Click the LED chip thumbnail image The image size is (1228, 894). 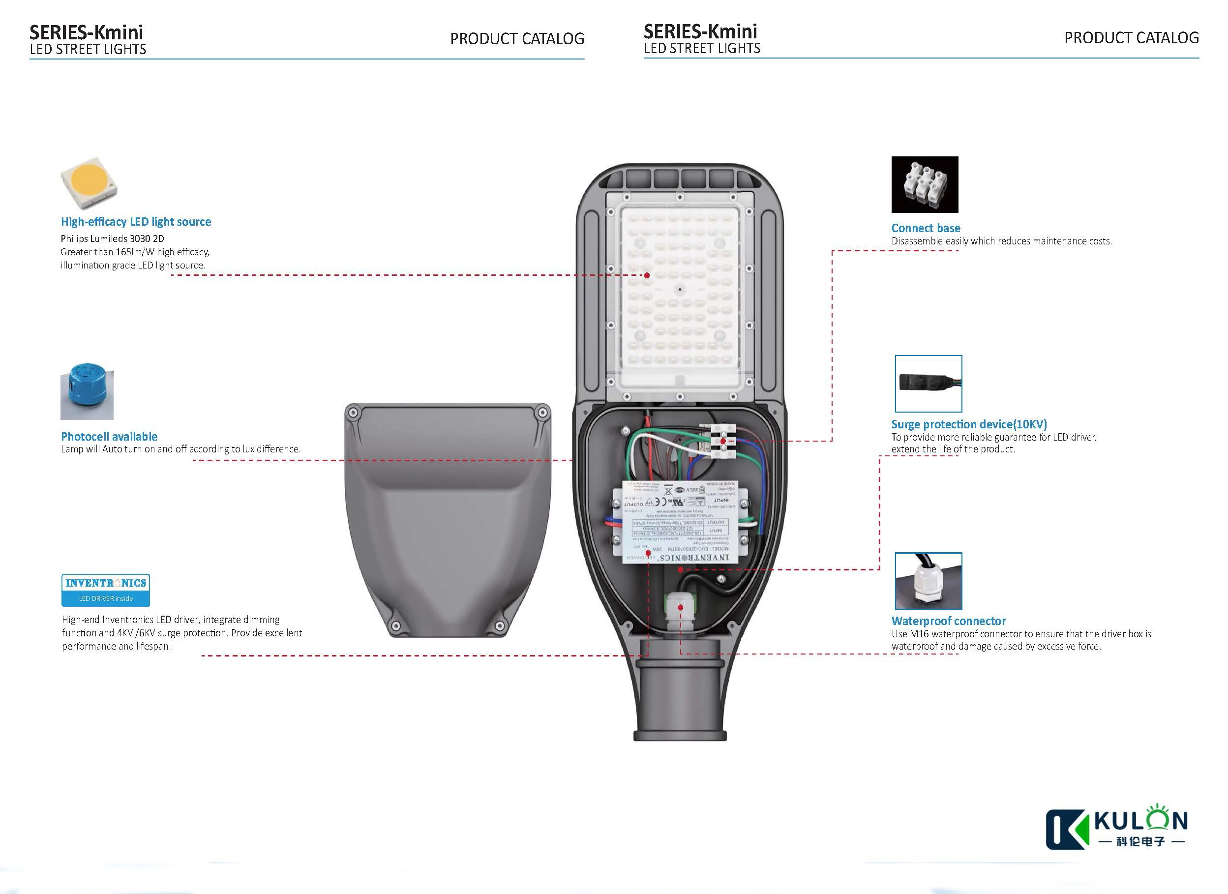point(89,183)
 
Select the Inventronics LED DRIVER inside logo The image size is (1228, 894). point(106,590)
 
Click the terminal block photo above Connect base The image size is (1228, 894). point(924,184)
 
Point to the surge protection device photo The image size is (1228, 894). point(928,384)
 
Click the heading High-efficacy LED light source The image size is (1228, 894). point(135,221)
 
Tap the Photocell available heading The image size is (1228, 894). point(109,437)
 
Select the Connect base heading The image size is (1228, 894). point(926,228)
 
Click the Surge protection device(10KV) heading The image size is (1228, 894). point(969,424)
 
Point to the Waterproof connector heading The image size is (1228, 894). point(948,621)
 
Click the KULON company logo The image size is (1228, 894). point(1116,829)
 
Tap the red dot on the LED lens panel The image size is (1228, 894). point(647,275)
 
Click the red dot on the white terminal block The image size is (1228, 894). point(723,441)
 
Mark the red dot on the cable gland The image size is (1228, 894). point(681,607)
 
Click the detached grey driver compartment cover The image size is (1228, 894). point(448,520)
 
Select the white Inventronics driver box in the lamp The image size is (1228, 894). point(680,523)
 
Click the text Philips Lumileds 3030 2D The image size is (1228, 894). point(112,238)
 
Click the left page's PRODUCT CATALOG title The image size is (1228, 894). point(516,39)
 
